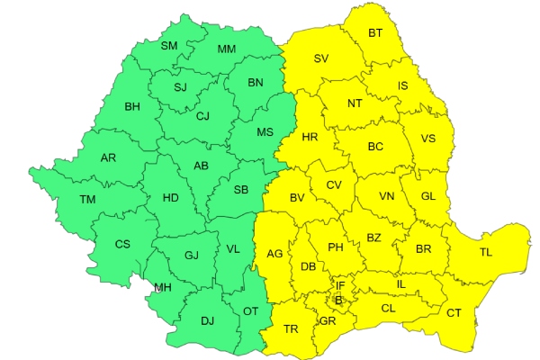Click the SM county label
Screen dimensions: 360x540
(169, 46)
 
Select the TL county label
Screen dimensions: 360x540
(486, 253)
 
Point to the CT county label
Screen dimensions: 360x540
(454, 312)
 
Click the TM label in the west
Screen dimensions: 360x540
(87, 199)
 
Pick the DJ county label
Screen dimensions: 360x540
(207, 320)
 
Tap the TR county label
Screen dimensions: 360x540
(291, 328)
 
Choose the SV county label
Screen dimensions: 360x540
(320, 59)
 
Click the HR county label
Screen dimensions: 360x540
(310, 138)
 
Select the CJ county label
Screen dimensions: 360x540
(202, 115)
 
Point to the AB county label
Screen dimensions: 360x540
(202, 166)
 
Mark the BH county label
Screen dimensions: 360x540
(132, 107)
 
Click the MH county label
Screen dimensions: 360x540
(163, 288)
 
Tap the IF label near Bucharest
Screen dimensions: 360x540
(340, 286)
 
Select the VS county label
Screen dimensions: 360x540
(427, 139)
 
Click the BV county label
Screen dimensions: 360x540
(298, 198)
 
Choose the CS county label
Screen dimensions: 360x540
(122, 244)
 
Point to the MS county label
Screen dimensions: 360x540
(265, 132)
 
